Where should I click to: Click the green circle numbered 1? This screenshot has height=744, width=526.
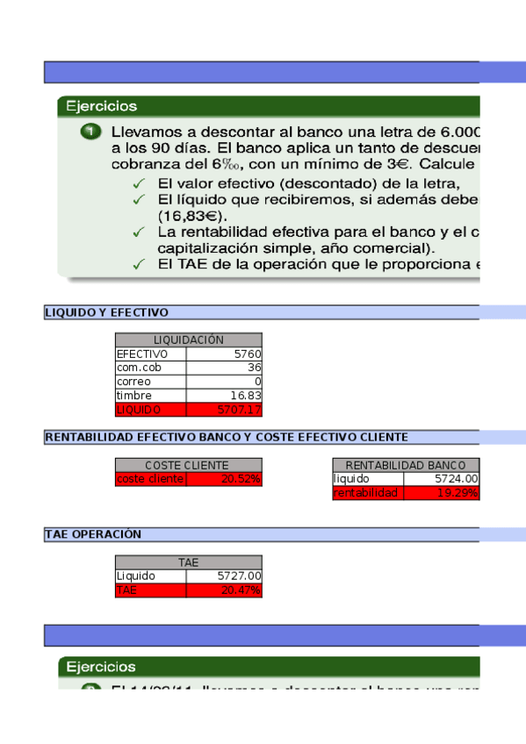(90, 132)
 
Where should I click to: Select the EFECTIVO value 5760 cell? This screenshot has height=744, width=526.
(224, 354)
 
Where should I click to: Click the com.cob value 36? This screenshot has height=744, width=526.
(224, 368)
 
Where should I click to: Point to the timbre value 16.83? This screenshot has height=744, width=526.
(224, 396)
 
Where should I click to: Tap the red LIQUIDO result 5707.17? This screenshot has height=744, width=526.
(224, 410)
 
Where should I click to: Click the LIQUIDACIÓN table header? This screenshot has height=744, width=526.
(188, 340)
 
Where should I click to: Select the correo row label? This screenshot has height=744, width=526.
(150, 382)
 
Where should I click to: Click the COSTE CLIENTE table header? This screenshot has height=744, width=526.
(188, 465)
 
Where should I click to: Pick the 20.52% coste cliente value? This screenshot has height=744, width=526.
(224, 479)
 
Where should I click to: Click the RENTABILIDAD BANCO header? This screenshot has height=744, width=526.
(406, 465)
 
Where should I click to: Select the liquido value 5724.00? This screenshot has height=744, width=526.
(442, 479)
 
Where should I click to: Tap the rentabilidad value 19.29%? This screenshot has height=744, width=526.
(442, 493)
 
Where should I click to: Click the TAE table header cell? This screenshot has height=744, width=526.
(188, 562)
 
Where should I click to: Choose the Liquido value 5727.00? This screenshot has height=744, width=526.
(224, 576)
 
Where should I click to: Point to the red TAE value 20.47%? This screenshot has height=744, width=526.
(224, 590)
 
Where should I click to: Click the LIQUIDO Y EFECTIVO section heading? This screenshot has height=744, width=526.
(106, 312)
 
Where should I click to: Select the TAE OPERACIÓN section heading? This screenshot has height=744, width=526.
(93, 534)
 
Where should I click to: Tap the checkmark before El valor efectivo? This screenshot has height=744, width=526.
(139, 183)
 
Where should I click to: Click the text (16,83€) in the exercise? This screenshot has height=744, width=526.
(192, 216)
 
